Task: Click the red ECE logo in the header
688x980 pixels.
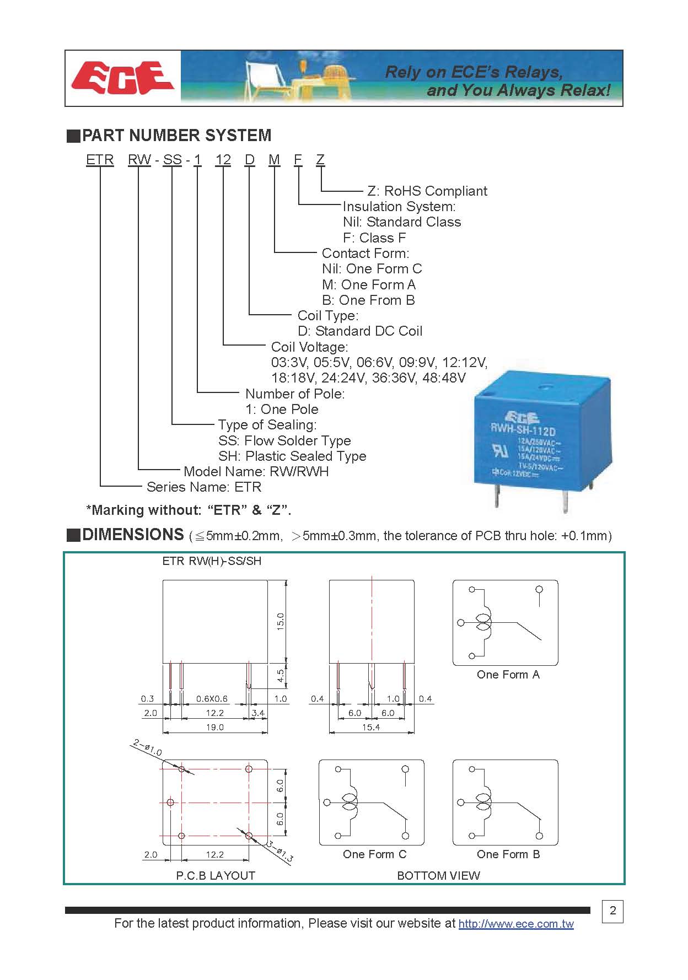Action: pyautogui.click(x=122, y=78)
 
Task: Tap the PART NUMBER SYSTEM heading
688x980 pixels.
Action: pyautogui.click(x=176, y=136)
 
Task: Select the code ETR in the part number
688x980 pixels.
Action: pyautogui.click(x=100, y=160)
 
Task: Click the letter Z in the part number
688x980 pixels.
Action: pyautogui.click(x=320, y=160)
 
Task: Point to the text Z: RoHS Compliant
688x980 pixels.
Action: pyautogui.click(x=427, y=191)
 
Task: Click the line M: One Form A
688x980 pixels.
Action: pyautogui.click(x=369, y=285)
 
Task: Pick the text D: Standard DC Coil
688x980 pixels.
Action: pyautogui.click(x=360, y=331)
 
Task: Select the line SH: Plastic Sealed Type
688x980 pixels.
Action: pyautogui.click(x=292, y=456)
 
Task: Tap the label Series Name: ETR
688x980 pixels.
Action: pyautogui.click(x=204, y=487)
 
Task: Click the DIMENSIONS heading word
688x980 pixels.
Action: pyautogui.click(x=133, y=535)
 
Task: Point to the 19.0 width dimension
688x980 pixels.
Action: pyautogui.click(x=215, y=728)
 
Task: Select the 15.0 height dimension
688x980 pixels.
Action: pyautogui.click(x=281, y=621)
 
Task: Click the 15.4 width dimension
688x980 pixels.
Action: pyautogui.click(x=371, y=728)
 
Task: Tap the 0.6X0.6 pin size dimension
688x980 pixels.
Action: pyautogui.click(x=212, y=699)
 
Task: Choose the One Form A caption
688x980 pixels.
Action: pyautogui.click(x=508, y=675)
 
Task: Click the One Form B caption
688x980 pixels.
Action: pyautogui.click(x=508, y=854)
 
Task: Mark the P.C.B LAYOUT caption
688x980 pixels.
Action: pyautogui.click(x=216, y=875)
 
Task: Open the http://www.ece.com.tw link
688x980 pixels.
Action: pyautogui.click(x=516, y=924)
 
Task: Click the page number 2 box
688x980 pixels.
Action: pyautogui.click(x=612, y=911)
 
